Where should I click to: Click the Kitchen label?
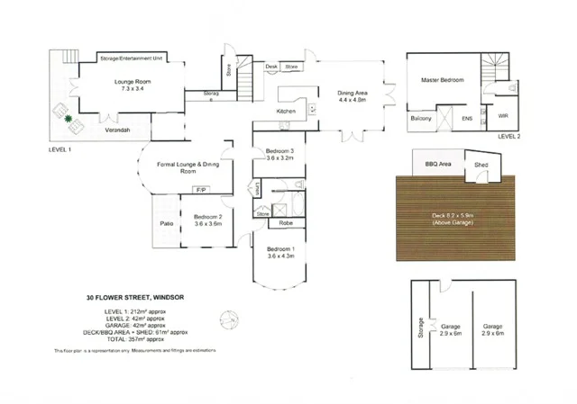click(x=287, y=112)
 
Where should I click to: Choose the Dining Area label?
click(x=353, y=93)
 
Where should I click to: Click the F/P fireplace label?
click(x=201, y=191)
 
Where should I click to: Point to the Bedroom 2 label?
click(x=207, y=218)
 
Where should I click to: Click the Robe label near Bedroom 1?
click(x=285, y=222)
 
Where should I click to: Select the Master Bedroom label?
click(x=444, y=81)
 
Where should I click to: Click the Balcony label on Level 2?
click(x=421, y=118)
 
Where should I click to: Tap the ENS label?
click(x=467, y=118)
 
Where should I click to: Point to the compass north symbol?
click(x=231, y=319)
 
